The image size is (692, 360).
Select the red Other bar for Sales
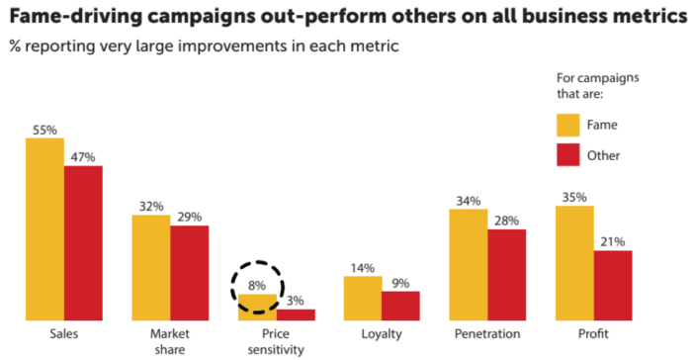(x=83, y=243)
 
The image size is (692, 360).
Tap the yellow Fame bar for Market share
(x=150, y=268)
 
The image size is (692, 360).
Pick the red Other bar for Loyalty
(x=400, y=306)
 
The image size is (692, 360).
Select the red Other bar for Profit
(x=613, y=286)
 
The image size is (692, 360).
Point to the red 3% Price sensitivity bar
(x=296, y=315)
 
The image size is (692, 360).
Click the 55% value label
(x=44, y=130)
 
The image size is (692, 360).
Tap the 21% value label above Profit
(x=613, y=241)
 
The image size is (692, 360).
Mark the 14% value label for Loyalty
(x=362, y=267)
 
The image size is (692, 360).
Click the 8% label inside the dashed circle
(x=256, y=285)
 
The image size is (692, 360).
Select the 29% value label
(x=189, y=217)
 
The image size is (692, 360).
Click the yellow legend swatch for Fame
(x=567, y=125)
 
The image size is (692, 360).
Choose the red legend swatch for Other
(x=567, y=154)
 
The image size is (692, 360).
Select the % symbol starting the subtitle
(x=15, y=46)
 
